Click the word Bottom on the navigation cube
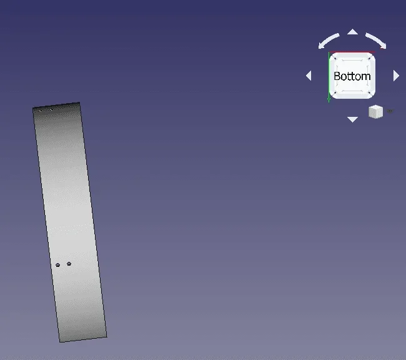tap(352, 76)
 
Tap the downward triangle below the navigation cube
tap(352, 119)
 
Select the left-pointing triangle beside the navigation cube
tap(309, 76)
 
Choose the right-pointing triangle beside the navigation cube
tap(396, 76)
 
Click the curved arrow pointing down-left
tap(328, 41)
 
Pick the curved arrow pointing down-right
tap(377, 40)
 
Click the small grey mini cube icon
tap(375, 112)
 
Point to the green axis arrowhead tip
tap(329, 102)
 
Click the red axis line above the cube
tap(352, 52)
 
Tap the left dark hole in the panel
tap(57, 264)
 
